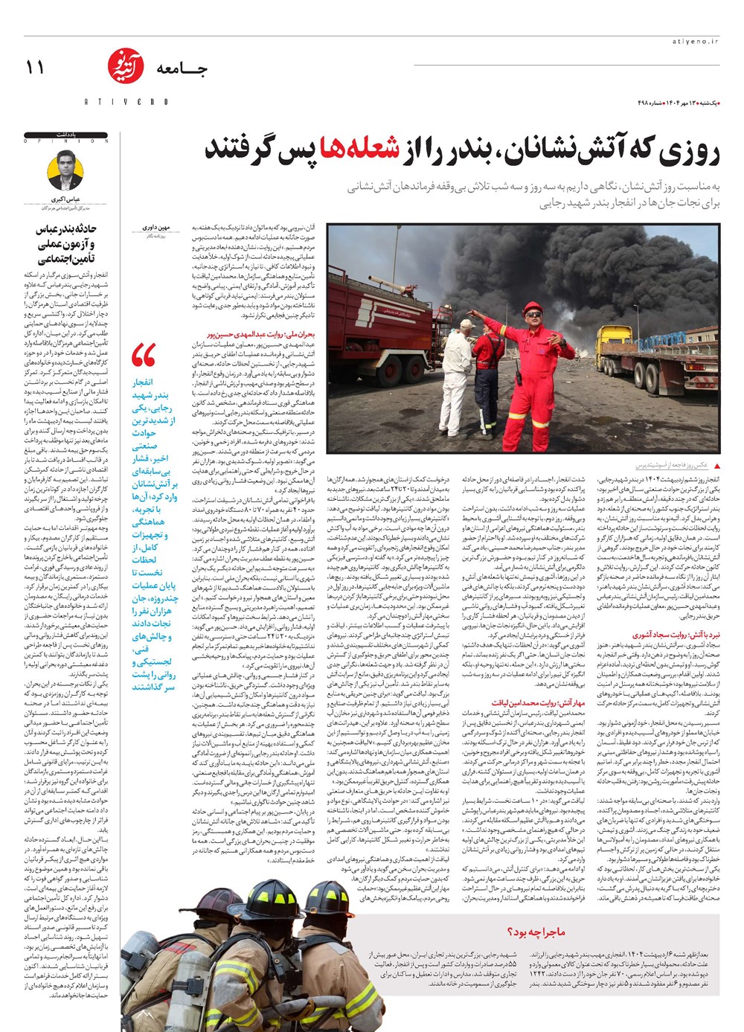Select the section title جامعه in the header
click(x=182, y=70)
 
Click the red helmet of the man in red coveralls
click(x=532, y=309)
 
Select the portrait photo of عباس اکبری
click(x=65, y=171)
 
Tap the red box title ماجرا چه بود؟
click(x=536, y=931)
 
